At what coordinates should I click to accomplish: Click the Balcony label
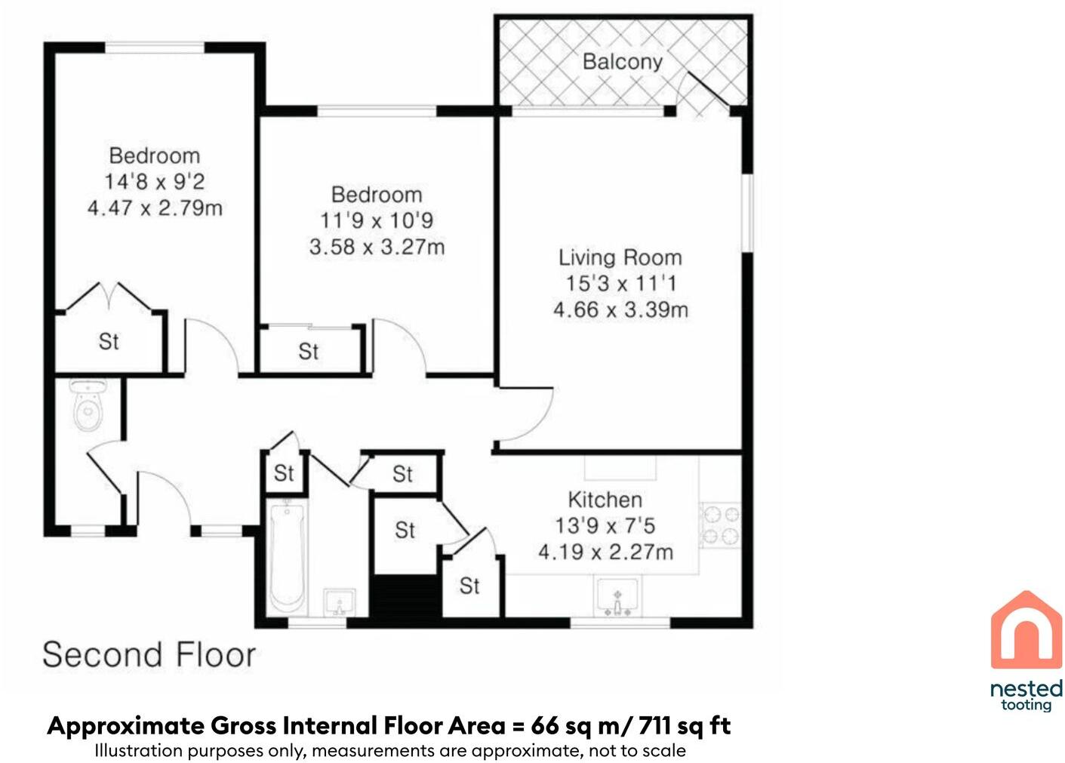pos(622,61)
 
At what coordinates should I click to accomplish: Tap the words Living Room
pos(620,257)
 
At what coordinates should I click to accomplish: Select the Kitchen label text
pos(605,500)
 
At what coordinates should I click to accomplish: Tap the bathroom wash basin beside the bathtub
pos(339,603)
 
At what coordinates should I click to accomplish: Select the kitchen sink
pos(617,597)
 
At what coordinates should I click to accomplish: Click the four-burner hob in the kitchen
pos(719,526)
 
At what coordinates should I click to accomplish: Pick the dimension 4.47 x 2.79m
pos(155,208)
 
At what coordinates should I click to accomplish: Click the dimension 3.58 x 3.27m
pos(377,247)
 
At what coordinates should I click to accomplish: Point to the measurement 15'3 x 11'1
pos(620,284)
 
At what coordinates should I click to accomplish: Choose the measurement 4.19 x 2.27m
pos(605,552)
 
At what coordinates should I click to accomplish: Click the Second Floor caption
pos(149,654)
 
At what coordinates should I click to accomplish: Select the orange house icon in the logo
pos(1025,630)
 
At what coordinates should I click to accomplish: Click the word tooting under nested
pos(1026,705)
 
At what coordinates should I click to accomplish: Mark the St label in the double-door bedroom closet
pos(109,342)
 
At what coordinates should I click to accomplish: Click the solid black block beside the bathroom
pos(407,597)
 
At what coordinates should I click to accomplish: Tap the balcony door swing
pos(705,94)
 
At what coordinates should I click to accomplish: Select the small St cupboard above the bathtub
pos(284,473)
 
